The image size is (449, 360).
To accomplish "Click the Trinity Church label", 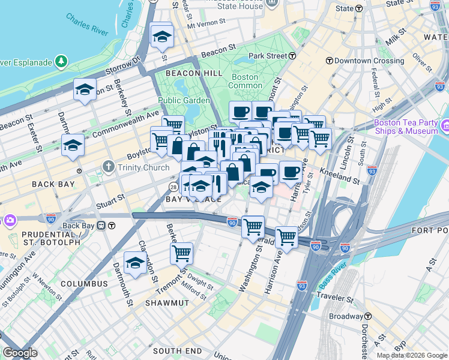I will click(134, 166).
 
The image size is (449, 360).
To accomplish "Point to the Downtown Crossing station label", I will click(361, 61).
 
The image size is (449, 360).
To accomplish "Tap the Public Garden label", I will click(184, 100).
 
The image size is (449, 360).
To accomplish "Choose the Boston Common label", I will click(245, 82).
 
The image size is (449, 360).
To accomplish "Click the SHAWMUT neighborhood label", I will click(167, 304).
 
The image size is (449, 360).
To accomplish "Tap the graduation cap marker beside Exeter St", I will click(73, 145).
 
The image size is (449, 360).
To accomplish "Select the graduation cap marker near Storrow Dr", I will click(85, 90).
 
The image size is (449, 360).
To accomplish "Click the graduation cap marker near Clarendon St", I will click(135, 263).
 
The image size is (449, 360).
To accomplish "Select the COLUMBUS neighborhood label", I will click(84, 284).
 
